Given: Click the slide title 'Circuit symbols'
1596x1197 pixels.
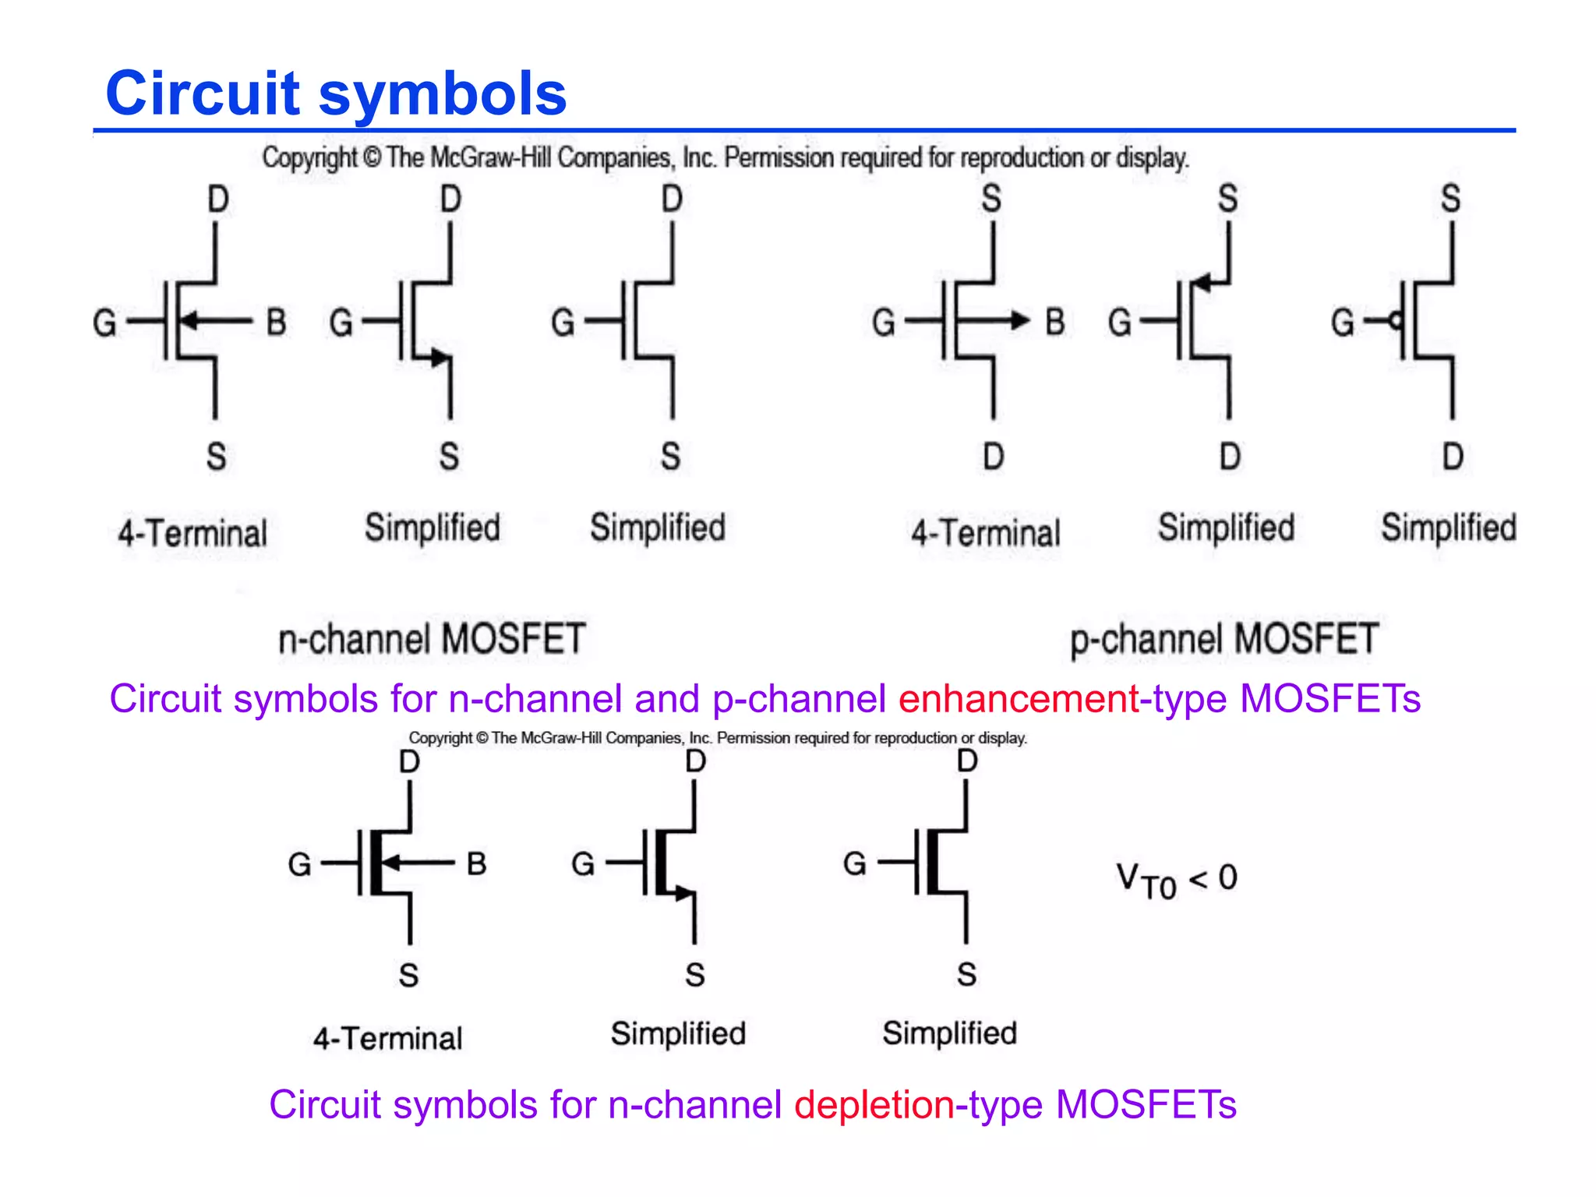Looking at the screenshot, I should pyautogui.click(x=336, y=94).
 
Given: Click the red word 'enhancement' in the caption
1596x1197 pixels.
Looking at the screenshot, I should pyautogui.click(x=1019, y=698).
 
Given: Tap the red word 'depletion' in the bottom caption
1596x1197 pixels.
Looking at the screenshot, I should pyautogui.click(x=874, y=1105).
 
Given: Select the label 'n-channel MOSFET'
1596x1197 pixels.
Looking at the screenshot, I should pyautogui.click(x=432, y=639).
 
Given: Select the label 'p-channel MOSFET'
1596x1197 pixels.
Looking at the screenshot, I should pyautogui.click(x=1224, y=639).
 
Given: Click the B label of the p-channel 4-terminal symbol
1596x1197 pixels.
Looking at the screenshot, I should pyautogui.click(x=1054, y=322).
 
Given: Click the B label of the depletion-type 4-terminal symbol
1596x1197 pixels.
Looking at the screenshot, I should pyautogui.click(x=476, y=863).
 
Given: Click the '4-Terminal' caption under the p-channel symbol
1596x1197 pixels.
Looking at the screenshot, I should pyautogui.click(x=986, y=534).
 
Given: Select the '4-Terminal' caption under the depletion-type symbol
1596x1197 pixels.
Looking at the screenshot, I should pyautogui.click(x=387, y=1039).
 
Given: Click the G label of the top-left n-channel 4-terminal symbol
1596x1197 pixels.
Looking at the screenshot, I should pyautogui.click(x=104, y=323).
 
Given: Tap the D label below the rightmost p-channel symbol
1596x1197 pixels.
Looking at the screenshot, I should pyautogui.click(x=1452, y=457).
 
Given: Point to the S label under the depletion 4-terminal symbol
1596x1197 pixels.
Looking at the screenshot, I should pyautogui.click(x=408, y=976).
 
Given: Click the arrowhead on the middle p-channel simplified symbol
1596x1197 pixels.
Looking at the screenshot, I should pyautogui.click(x=1202, y=282).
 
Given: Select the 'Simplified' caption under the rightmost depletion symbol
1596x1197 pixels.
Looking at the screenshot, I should pyautogui.click(x=949, y=1033).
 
